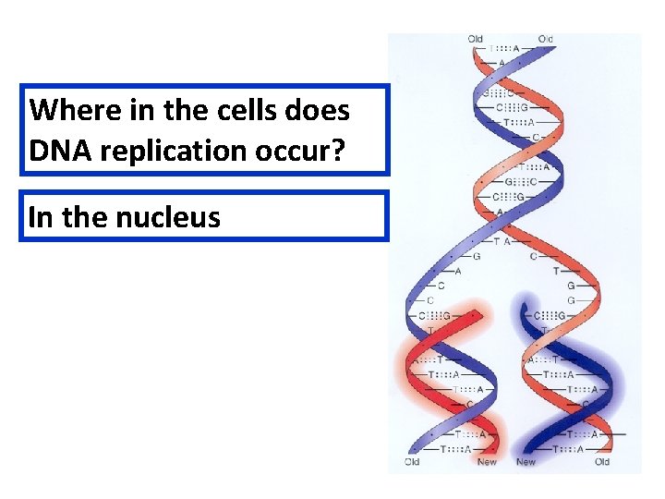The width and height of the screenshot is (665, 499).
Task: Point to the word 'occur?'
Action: coord(303,151)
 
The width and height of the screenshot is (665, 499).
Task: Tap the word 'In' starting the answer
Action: coord(40,217)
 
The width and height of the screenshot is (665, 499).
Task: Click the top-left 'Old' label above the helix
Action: coord(475,39)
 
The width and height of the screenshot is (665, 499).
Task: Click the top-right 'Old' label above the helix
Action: coord(546,39)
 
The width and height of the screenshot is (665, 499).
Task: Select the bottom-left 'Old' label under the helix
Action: coord(412,462)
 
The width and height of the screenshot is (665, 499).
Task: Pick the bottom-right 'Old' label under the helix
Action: coord(602,462)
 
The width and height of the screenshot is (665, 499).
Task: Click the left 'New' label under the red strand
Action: coord(486,462)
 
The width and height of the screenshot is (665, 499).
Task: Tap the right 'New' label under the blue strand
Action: coord(526,462)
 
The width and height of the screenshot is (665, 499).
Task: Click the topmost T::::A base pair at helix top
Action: coord(503,49)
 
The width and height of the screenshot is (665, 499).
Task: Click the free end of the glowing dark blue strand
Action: coord(527,306)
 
